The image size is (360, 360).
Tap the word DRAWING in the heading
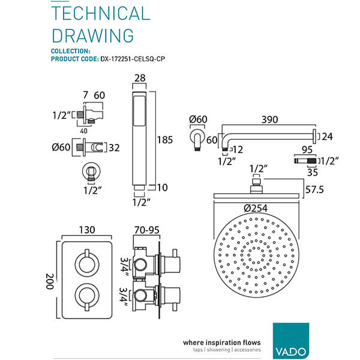click(92, 35)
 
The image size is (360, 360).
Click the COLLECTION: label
click(71, 51)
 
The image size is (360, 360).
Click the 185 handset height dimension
click(164, 140)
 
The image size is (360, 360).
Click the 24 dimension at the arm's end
click(327, 137)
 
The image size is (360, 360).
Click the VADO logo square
click(291, 341)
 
